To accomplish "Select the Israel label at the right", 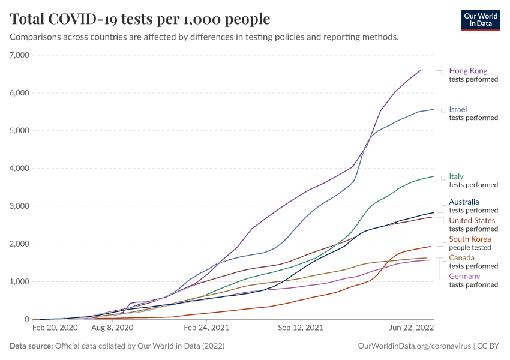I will (x=458, y=109).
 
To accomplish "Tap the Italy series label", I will (x=456, y=176).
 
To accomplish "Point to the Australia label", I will (x=464, y=202).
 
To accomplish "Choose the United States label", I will (x=472, y=220).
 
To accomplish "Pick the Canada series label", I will (x=461, y=258).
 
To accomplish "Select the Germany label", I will (x=464, y=276).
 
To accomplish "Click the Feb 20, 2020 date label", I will (x=55, y=328).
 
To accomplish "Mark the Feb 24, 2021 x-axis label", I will (x=206, y=328).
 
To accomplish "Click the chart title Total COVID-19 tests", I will (x=140, y=19).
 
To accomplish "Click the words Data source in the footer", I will (x=31, y=346).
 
